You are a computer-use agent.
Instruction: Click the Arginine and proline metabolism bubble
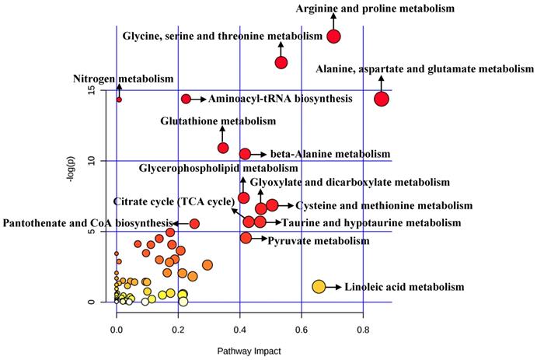click(x=334, y=36)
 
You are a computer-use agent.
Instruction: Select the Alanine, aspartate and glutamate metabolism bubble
click(x=382, y=99)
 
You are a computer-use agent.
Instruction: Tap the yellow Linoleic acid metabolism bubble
click(x=318, y=287)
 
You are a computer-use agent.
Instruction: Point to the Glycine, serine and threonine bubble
click(x=281, y=62)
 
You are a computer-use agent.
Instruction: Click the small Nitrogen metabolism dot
click(x=119, y=100)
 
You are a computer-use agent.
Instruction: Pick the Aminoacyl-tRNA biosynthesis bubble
click(x=186, y=99)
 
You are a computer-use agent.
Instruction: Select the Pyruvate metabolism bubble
click(x=246, y=238)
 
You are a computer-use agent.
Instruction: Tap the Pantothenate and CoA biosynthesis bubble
click(x=194, y=224)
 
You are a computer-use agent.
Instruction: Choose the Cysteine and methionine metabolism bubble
click(x=272, y=205)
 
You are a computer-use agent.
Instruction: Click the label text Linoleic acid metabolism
click(x=403, y=287)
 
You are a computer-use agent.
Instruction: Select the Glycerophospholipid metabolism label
click(x=218, y=169)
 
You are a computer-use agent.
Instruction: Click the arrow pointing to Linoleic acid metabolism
click(x=333, y=287)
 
